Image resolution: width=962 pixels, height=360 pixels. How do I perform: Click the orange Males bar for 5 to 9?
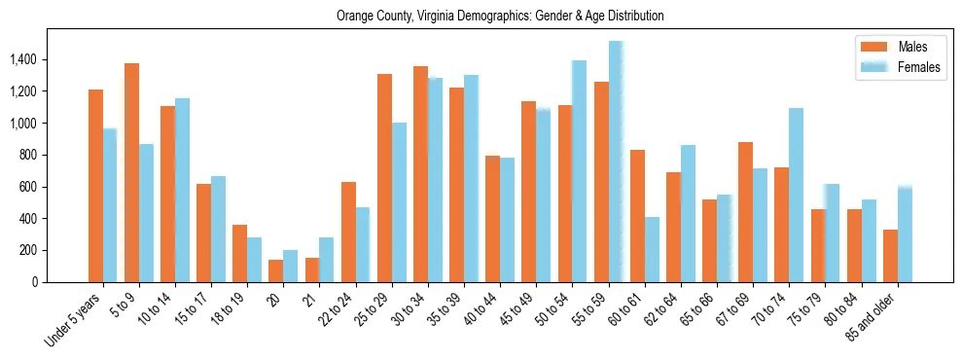pyautogui.click(x=131, y=172)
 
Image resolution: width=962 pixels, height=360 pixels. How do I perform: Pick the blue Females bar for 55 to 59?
pyautogui.click(x=616, y=162)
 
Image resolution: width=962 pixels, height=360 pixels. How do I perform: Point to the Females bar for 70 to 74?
pyautogui.click(x=797, y=195)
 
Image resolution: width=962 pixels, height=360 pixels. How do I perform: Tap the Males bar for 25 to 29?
pyautogui.click(x=384, y=178)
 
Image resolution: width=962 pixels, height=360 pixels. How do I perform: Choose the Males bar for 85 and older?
pyautogui.click(x=890, y=256)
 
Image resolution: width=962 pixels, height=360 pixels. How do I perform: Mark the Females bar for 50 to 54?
pyautogui.click(x=580, y=171)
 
